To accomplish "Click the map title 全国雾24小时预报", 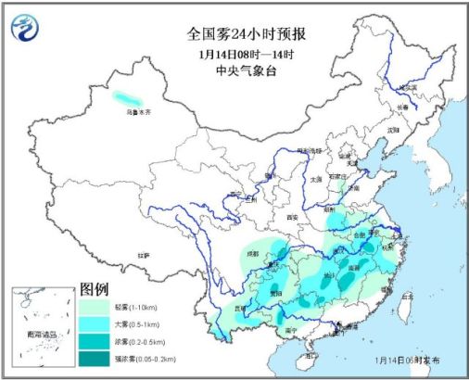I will click(247, 34).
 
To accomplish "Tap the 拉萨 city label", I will click(142, 254).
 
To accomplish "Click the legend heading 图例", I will click(95, 287).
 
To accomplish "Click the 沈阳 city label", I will click(393, 129).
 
